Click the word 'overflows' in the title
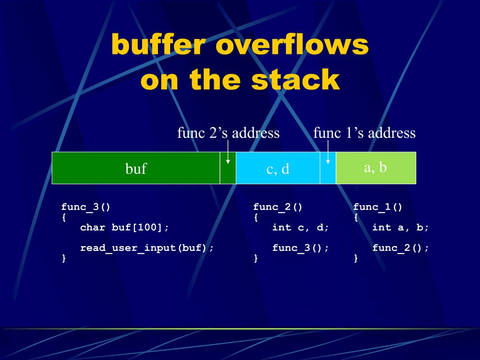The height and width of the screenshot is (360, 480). (x=292, y=45)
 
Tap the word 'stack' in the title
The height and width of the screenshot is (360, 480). (x=295, y=80)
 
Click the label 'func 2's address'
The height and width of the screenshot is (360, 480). (x=228, y=133)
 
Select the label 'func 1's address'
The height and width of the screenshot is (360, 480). (x=364, y=133)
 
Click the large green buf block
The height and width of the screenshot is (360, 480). (x=135, y=168)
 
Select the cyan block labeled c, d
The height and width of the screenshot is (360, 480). (x=278, y=168)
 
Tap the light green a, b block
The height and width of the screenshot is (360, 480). (x=376, y=167)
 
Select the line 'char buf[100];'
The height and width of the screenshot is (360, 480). (x=124, y=227)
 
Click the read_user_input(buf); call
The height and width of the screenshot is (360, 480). (x=147, y=248)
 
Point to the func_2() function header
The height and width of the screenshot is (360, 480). (x=277, y=207)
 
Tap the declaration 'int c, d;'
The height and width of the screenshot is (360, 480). (x=300, y=227)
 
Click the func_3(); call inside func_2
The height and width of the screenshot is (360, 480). (x=300, y=248)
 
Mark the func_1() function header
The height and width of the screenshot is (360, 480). (x=378, y=207)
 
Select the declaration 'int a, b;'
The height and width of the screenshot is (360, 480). (x=400, y=227)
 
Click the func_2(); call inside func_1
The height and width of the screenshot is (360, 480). (x=400, y=248)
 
